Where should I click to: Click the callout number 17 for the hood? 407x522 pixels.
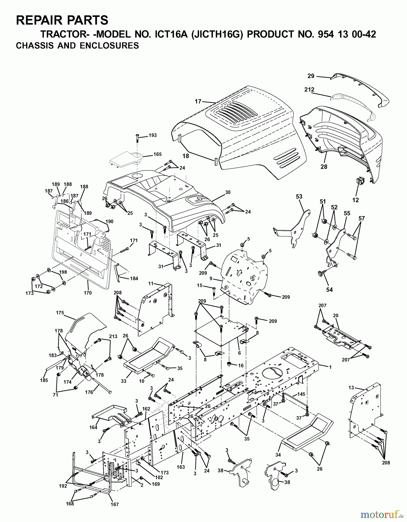tap(198, 101)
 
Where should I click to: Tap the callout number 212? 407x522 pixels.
tap(309, 90)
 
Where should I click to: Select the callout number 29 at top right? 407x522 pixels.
tap(311, 76)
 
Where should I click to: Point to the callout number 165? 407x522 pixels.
tap(158, 154)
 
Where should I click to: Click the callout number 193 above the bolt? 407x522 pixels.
tap(153, 135)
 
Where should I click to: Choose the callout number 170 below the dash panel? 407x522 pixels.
tap(88, 293)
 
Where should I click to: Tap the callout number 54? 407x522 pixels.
tap(329, 290)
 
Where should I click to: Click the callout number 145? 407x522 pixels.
tap(301, 394)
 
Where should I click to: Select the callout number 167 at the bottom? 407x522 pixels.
tap(115, 504)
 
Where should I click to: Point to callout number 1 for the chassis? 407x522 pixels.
tap(330, 367)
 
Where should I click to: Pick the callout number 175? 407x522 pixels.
tap(60, 313)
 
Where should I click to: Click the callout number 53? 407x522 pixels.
tap(299, 197)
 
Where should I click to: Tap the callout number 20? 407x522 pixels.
tap(336, 316)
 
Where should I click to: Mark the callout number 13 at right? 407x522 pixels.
tap(351, 387)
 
